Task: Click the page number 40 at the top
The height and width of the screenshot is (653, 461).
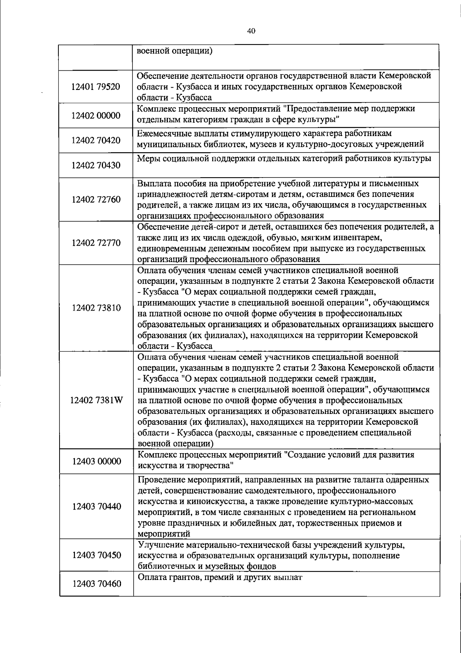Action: click(x=252, y=31)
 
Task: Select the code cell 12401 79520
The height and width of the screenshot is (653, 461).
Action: click(x=96, y=87)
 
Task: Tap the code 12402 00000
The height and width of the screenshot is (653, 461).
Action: click(x=96, y=115)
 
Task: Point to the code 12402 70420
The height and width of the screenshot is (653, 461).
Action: click(x=96, y=140)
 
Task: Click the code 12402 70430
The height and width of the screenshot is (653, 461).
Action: click(x=96, y=165)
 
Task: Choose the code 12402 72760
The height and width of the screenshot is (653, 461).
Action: click(x=96, y=199)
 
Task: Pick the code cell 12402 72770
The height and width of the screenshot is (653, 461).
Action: click(x=96, y=243)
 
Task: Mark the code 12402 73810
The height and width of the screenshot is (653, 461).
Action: click(x=96, y=308)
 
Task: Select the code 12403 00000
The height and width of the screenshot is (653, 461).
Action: click(x=96, y=461)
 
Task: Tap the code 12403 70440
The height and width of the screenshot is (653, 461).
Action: click(x=96, y=506)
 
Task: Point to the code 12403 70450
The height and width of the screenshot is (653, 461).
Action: click(x=96, y=555)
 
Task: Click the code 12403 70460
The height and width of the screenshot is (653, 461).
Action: click(x=96, y=584)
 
